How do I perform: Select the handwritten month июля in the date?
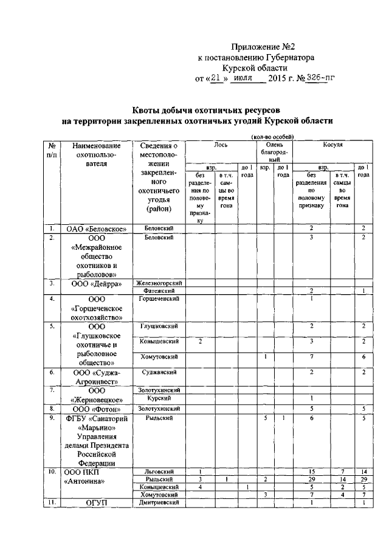pyautogui.click(x=241, y=78)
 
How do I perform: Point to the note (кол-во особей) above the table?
pyautogui.click(x=272, y=136)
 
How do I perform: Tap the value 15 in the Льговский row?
pyautogui.click(x=311, y=471)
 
